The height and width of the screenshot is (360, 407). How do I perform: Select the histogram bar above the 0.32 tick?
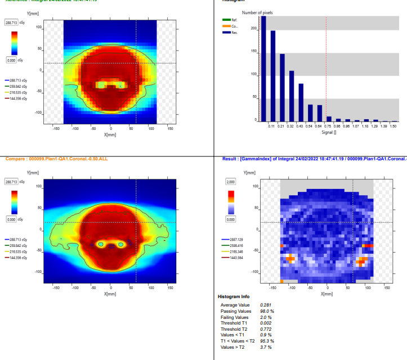click(292, 96)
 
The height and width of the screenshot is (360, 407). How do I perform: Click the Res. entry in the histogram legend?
click(234, 33)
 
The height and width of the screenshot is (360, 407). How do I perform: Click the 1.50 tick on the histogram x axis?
click(393, 126)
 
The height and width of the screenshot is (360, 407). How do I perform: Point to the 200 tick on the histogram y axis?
click(253, 28)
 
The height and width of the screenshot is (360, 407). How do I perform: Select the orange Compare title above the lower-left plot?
click(56, 159)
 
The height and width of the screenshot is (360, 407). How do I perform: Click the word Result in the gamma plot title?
click(229, 159)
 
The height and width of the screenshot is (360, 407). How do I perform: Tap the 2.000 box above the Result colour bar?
click(231, 182)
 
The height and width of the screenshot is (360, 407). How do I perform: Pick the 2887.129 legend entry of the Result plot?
click(234, 239)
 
